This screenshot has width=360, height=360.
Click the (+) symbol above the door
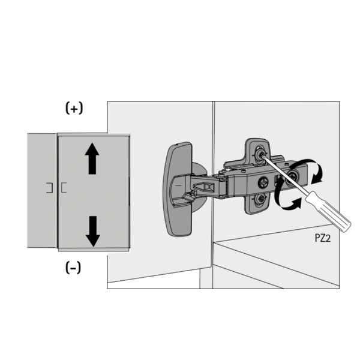click(x=74, y=109)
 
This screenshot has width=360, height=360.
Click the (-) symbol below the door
click(x=73, y=268)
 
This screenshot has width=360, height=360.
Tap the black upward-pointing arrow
click(x=92, y=158)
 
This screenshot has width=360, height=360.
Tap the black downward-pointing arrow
click(x=92, y=231)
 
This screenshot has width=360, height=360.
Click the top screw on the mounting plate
click(x=260, y=154)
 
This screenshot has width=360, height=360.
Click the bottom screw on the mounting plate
click(x=260, y=199)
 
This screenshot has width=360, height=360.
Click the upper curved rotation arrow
click(x=311, y=169)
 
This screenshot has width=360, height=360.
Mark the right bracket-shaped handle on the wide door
click(x=63, y=187)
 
